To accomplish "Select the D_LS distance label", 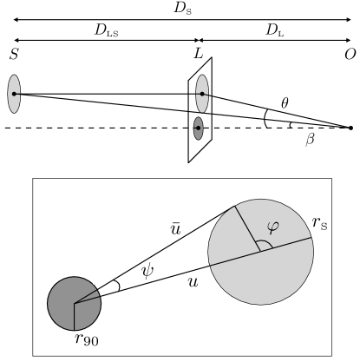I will (102, 32).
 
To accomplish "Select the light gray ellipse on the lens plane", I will (202, 94).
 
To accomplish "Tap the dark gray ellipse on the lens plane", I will (199, 131).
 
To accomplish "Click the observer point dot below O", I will (350, 128).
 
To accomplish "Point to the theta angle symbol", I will (285, 102).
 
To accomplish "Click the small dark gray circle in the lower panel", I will (75, 303).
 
